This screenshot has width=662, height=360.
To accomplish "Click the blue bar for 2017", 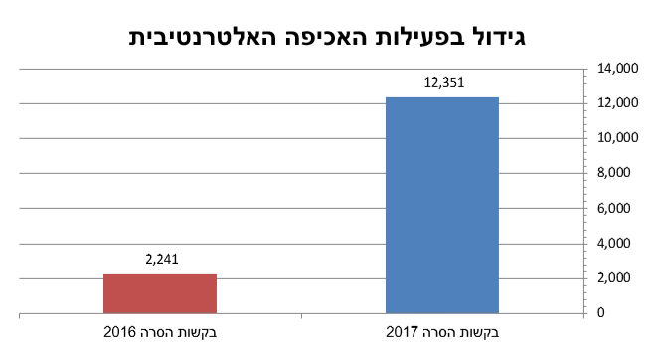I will click(x=442, y=205).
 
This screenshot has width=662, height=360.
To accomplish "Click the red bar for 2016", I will click(x=161, y=293).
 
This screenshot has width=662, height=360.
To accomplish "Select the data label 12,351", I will click(x=442, y=82).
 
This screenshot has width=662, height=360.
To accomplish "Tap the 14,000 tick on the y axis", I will click(x=617, y=69).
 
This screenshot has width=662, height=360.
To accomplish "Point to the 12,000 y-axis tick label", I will click(x=617, y=103).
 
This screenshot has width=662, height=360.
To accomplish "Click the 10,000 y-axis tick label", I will click(x=617, y=138).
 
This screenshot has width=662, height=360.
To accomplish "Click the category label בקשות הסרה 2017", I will click(x=441, y=331).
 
